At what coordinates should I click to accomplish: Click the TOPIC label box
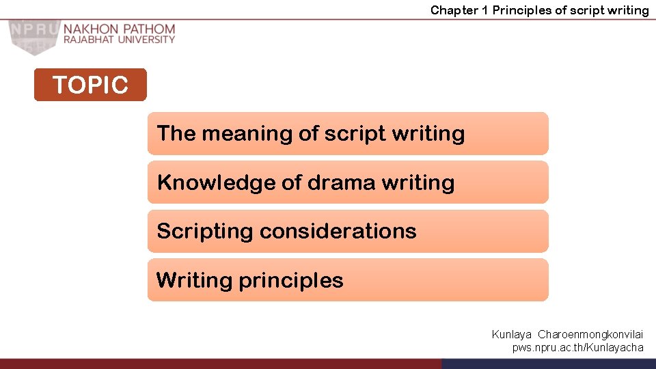[90, 85]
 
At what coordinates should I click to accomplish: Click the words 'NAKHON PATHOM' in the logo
[120, 29]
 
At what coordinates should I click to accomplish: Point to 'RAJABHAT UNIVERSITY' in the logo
[120, 40]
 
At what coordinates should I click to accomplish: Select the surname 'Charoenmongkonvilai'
[590, 335]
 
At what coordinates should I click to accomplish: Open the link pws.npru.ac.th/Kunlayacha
[577, 348]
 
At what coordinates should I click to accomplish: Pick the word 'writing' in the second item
[418, 182]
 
